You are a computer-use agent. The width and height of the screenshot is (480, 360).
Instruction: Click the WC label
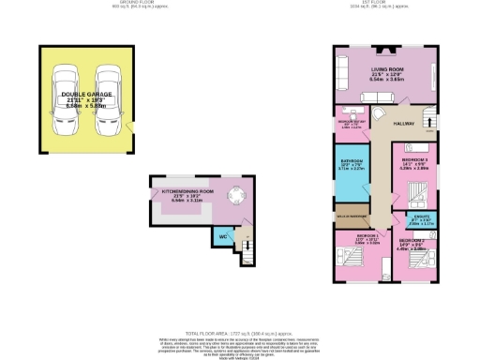pyautogui.click(x=222, y=236)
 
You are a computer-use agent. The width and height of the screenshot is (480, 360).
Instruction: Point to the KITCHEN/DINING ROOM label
pyautogui.click(x=187, y=190)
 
